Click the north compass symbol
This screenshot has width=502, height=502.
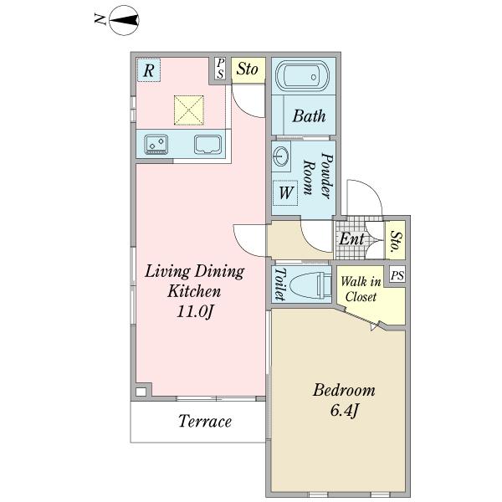pyautogui.click(x=124, y=20)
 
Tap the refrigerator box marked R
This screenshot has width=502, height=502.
pyautogui.click(x=149, y=69)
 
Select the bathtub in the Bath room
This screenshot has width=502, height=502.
pyautogui.click(x=303, y=76)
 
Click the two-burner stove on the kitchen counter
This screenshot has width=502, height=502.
pyautogui.click(x=156, y=144)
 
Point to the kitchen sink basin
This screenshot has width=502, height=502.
pyautogui.click(x=207, y=145)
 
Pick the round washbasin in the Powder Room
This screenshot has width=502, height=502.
pyautogui.click(x=281, y=156)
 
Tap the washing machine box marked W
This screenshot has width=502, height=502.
pyautogui.click(x=285, y=193)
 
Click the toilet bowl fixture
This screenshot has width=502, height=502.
pyautogui.click(x=310, y=284)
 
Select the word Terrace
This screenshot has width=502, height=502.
pyautogui.click(x=205, y=421)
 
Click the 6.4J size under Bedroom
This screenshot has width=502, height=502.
pyautogui.click(x=344, y=410)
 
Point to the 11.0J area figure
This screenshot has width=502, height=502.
pyautogui.click(x=195, y=311)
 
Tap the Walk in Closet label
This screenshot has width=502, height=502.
pyautogui.click(x=361, y=289)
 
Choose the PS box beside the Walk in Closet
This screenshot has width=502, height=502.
pyautogui.click(x=397, y=275)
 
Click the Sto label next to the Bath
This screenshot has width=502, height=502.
pyautogui.click(x=248, y=69)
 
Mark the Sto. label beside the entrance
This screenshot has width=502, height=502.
pyautogui.click(x=396, y=240)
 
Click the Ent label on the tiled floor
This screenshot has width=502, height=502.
pyautogui.click(x=351, y=238)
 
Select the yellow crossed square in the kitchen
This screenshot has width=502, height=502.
pyautogui.click(x=189, y=110)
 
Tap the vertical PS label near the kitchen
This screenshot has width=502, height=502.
pyautogui.click(x=220, y=69)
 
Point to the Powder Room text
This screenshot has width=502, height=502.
pyautogui.click(x=318, y=176)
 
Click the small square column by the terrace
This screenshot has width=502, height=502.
pyautogui.click(x=141, y=392)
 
